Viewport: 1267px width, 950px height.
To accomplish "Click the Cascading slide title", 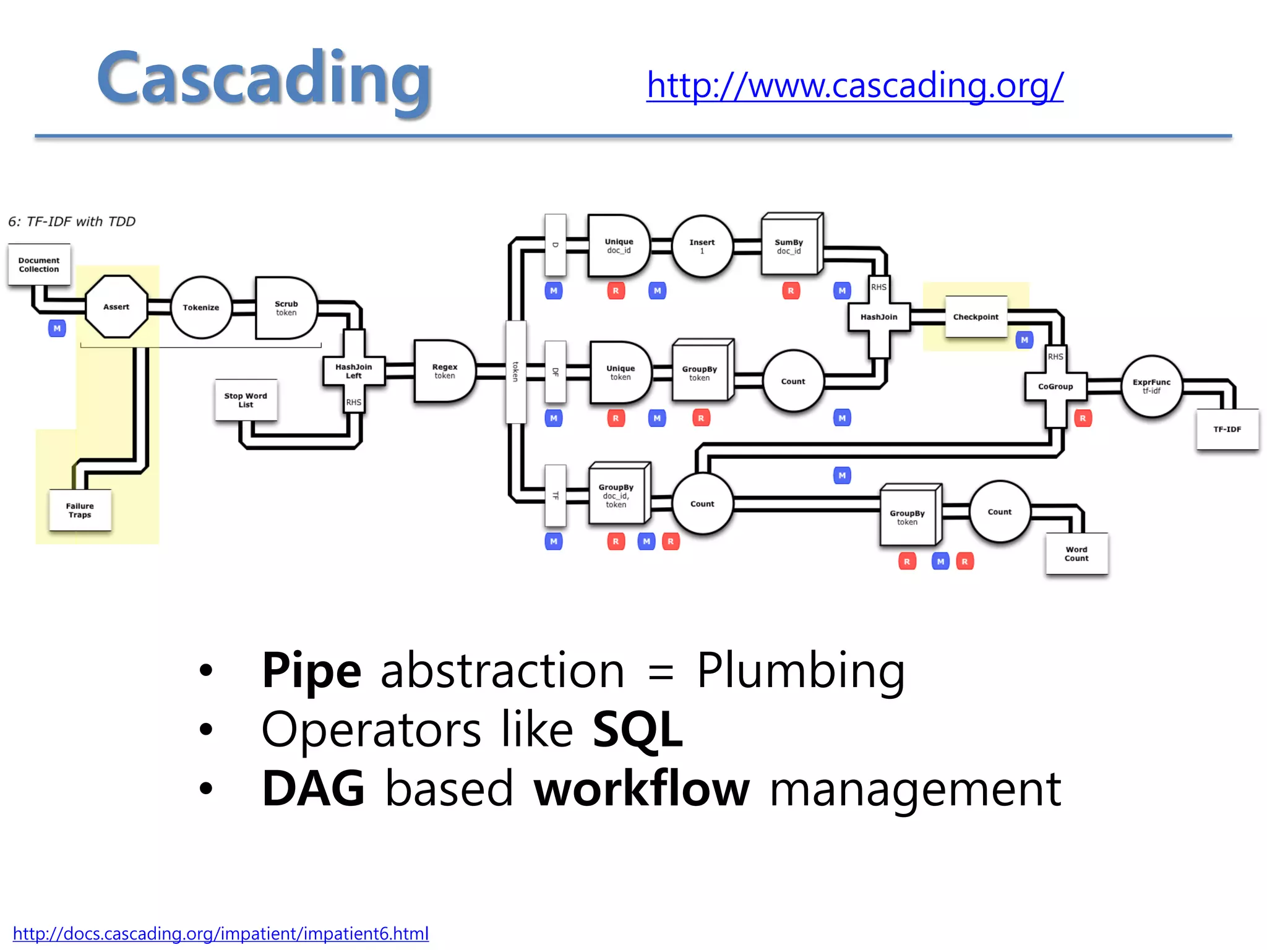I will (264, 79).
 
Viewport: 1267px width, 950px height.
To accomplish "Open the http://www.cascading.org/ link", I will (854, 85).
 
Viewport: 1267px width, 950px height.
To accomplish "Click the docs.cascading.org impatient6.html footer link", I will (220, 933).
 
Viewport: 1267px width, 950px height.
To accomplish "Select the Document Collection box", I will (39, 265).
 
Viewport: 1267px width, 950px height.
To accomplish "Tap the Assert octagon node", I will (116, 307).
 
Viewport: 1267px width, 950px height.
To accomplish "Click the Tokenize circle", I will (201, 307).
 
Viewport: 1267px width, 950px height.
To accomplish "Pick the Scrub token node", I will (285, 308).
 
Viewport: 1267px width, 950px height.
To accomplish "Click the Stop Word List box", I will (246, 400).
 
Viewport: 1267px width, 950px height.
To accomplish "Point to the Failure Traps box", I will (80, 510).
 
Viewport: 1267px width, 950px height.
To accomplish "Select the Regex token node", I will (444, 371).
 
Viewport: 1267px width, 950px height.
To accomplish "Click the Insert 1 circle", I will (702, 246).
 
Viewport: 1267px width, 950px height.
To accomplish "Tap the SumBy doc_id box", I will (789, 246).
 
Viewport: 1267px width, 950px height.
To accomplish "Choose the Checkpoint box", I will (976, 317).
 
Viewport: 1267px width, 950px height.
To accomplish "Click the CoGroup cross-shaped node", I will (1055, 387).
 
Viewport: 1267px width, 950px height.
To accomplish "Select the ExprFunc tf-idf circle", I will (1151, 387).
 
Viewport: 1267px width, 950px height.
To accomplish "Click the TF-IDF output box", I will (1227, 429).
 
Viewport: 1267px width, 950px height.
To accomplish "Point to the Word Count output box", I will (1076, 554).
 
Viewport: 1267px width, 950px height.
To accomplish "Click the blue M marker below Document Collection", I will (57, 328).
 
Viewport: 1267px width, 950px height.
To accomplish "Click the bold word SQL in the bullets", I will (637, 730).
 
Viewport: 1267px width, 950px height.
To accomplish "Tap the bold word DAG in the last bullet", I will (313, 789).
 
